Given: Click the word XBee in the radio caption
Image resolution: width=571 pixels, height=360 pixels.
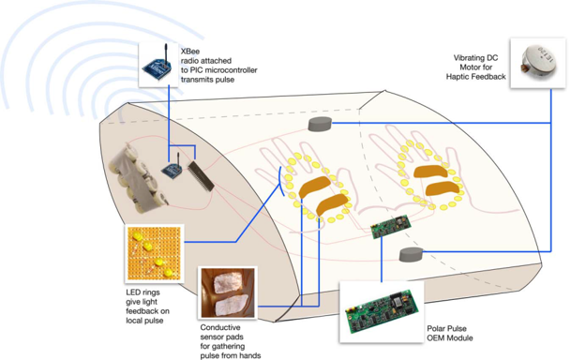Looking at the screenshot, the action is click(x=190, y=52).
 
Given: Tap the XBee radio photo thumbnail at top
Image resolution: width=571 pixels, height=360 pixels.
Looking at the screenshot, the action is click(x=158, y=65).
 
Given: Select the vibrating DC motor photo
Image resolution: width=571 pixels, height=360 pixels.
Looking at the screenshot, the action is click(x=538, y=63).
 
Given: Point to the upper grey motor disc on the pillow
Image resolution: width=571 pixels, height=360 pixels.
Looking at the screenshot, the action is click(x=320, y=124).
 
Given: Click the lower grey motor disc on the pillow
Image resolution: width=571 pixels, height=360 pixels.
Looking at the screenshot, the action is click(x=411, y=254).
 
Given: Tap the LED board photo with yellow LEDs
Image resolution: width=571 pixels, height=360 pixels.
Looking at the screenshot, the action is click(x=154, y=254).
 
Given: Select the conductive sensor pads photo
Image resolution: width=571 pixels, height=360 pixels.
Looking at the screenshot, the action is click(x=228, y=292).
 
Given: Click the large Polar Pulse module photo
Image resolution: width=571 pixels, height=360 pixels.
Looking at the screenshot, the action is click(x=382, y=311).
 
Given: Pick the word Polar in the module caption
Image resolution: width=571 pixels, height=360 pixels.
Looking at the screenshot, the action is click(x=436, y=329).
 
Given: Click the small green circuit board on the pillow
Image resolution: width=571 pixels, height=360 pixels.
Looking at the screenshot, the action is click(x=391, y=227).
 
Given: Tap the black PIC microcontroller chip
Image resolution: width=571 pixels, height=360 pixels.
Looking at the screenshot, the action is click(x=201, y=176).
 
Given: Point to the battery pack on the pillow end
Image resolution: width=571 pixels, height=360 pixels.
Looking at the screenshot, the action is click(x=137, y=177).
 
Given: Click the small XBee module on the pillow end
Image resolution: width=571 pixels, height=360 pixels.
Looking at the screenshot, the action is click(x=173, y=169).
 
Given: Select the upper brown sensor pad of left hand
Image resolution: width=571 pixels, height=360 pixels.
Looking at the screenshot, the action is click(x=315, y=187).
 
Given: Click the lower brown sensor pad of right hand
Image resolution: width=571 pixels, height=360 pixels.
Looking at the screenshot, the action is click(x=443, y=188).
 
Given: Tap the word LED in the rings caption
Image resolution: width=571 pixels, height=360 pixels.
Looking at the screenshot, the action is click(x=133, y=292).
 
